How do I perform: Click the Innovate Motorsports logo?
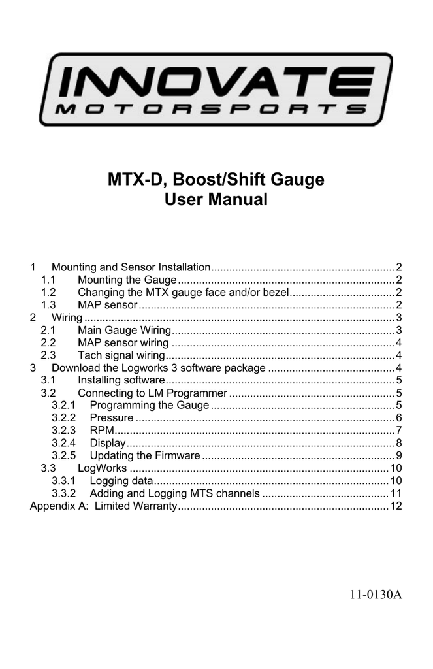(x=216, y=90)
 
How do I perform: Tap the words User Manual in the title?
(x=216, y=200)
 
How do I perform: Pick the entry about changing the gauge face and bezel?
(x=183, y=292)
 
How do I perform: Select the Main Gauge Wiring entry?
(x=124, y=330)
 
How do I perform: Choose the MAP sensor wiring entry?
(x=123, y=342)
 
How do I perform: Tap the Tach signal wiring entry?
(x=121, y=355)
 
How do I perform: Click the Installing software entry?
(x=121, y=380)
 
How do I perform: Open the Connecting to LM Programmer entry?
(x=152, y=393)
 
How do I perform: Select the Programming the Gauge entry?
(x=149, y=406)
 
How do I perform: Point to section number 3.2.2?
(x=63, y=418)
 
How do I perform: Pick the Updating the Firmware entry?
(x=145, y=456)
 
